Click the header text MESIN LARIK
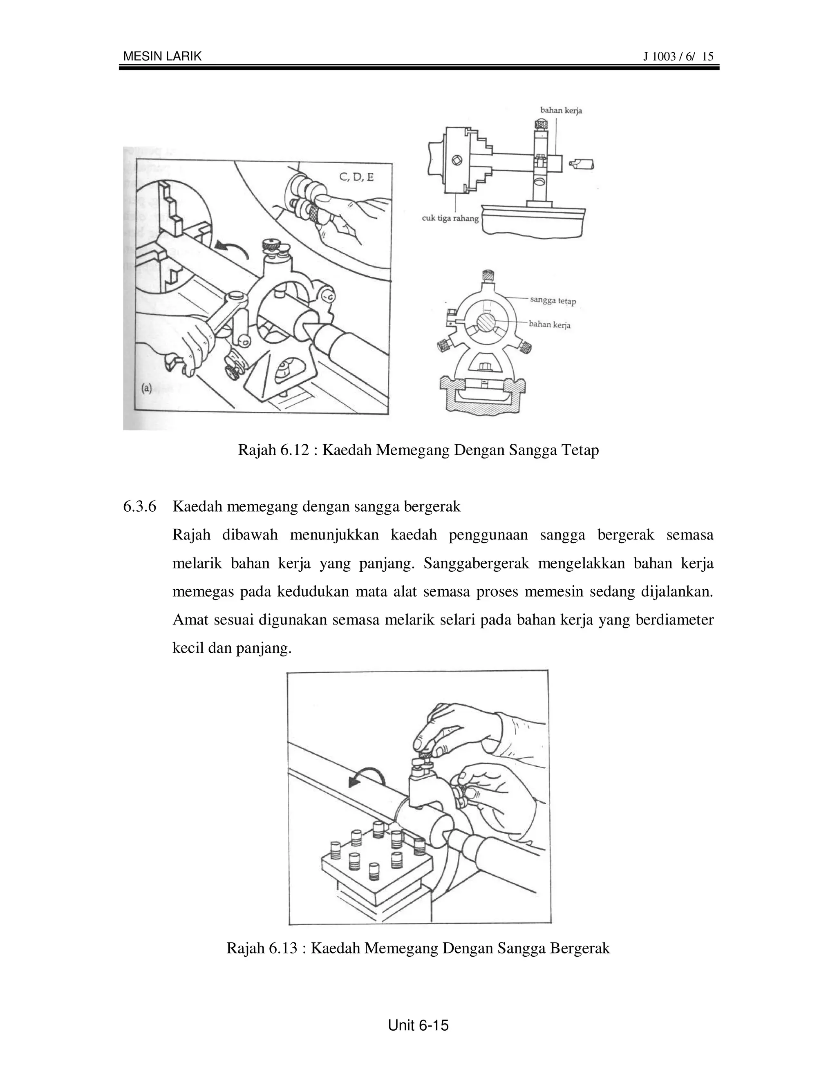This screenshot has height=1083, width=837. [x=162, y=56]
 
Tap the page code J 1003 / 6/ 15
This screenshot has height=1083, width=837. [x=678, y=56]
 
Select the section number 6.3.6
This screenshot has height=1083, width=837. [x=139, y=507]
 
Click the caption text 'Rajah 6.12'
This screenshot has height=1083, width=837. [x=270, y=450]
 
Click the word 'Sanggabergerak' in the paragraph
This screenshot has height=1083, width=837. [x=477, y=564]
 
